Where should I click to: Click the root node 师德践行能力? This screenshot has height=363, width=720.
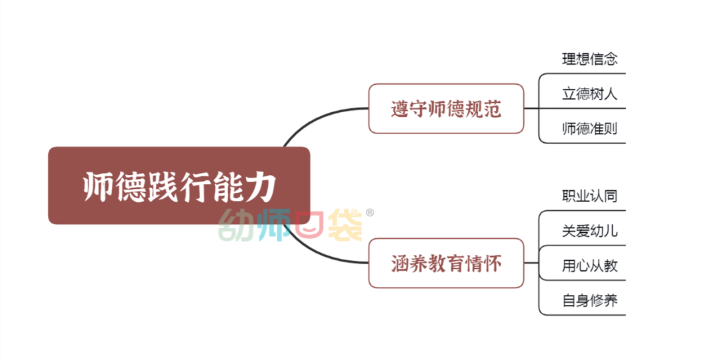tap(179, 186)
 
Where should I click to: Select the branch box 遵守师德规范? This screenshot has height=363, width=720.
tap(445, 108)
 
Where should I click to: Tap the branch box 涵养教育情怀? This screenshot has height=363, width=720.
tap(445, 264)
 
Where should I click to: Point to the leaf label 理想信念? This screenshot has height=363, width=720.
tap(589, 59)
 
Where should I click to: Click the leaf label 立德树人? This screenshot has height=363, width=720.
tap(589, 93)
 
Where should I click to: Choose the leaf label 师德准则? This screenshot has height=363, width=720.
tap(589, 128)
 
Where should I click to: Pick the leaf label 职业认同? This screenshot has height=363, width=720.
tap(589, 196)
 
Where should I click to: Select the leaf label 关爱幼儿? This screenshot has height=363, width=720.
tap(589, 231)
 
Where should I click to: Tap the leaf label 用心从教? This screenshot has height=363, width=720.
tap(589, 266)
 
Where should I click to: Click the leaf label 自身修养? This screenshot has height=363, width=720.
tap(589, 300)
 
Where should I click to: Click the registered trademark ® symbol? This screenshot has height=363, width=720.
tap(370, 213)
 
